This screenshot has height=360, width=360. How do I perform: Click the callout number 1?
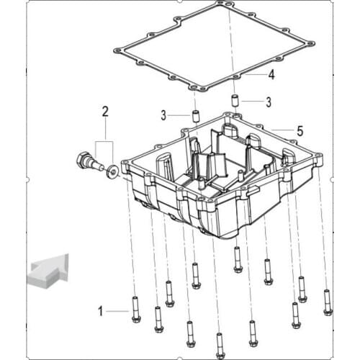click(x=101, y=311)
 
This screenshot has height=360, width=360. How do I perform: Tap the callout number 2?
click(x=105, y=112)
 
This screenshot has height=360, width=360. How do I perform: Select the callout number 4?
click(x=271, y=75)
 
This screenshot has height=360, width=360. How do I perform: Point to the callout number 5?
click(x=300, y=131)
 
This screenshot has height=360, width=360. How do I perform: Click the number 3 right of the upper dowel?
click(x=269, y=102)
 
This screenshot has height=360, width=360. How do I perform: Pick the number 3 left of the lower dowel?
click(x=163, y=116)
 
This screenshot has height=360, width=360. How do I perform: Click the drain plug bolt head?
click(x=81, y=159)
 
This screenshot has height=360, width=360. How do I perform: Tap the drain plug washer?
click(x=112, y=171)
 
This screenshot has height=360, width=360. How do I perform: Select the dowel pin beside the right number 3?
click(x=235, y=100)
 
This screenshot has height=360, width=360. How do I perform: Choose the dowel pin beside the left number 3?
click(x=197, y=116)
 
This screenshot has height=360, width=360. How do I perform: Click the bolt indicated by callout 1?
click(x=136, y=309)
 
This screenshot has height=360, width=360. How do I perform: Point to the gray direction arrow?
click(x=48, y=271)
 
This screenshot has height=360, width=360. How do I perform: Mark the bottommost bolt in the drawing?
click(x=220, y=346)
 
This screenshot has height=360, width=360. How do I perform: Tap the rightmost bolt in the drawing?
click(x=328, y=302)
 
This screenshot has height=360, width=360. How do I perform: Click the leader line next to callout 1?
click(x=117, y=311)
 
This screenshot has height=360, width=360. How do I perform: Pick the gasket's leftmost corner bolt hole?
click(x=117, y=51)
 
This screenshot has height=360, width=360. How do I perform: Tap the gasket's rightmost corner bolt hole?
click(x=311, y=44)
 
